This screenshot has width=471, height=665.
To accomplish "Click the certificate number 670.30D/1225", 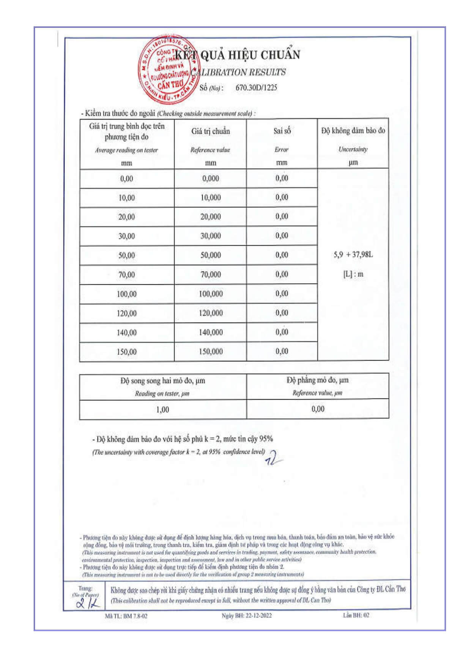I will point(256,88).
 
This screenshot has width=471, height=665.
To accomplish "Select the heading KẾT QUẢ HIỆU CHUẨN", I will point(238,55).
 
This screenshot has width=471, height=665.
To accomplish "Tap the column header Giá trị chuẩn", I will point(211,131).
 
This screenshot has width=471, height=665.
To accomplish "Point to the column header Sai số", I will point(282,131).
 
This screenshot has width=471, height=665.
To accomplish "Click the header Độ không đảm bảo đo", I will point(353,131).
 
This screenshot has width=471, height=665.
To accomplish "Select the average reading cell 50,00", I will point(126,255).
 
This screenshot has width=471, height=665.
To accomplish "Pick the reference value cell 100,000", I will point(211,294).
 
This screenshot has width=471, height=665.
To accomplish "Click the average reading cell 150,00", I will point(126,352).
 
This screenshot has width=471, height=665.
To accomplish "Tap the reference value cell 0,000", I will point(211,179).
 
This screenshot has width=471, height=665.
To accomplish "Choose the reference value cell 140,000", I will point(211,332).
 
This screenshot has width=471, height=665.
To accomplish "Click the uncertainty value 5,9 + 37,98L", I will point(353,254).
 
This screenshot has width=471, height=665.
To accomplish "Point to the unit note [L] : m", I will point(353,274).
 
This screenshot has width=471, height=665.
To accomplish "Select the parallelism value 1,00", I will point(162,409).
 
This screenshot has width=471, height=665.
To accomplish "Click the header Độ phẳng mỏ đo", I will point(317,380).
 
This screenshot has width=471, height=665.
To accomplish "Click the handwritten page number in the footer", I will point(88,603).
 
